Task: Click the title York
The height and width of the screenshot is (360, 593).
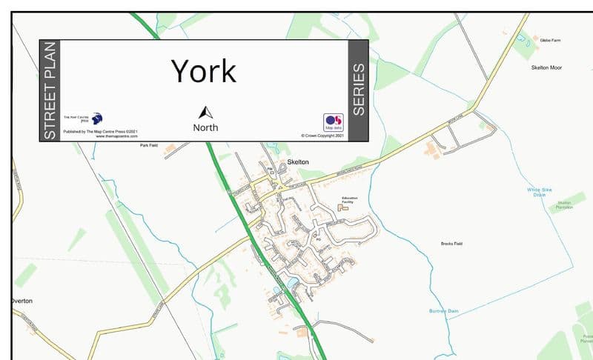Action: [204, 71]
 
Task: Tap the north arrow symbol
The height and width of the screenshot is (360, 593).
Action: [205, 113]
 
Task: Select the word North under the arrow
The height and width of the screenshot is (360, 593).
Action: [205, 127]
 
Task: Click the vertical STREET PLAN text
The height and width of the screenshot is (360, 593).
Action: [50, 90]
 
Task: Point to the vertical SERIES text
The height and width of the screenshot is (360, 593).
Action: [358, 90]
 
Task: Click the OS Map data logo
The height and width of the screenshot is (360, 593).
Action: [333, 122]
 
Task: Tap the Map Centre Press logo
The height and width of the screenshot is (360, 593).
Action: [97, 119]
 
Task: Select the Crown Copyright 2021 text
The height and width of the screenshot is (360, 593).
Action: [322, 136]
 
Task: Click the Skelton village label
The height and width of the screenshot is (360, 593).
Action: [297, 161]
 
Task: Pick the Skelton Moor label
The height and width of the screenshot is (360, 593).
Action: [546, 67]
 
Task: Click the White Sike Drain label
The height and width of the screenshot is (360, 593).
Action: [540, 193]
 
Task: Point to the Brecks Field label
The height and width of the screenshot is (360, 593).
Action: [451, 244]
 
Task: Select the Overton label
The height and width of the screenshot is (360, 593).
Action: [22, 301]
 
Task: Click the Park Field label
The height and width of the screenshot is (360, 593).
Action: [150, 145]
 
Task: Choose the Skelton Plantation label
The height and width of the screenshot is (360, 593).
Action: [565, 205]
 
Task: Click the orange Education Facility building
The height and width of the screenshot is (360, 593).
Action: [343, 208]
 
